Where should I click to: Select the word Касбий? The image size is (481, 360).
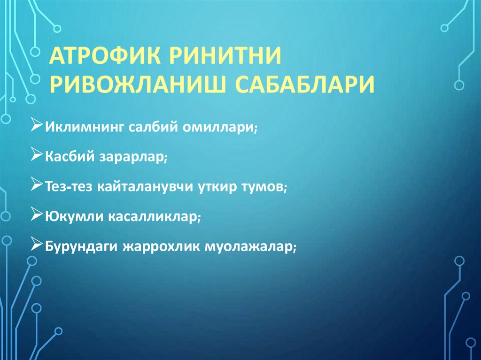70,157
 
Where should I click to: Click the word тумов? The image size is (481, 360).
265,186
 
